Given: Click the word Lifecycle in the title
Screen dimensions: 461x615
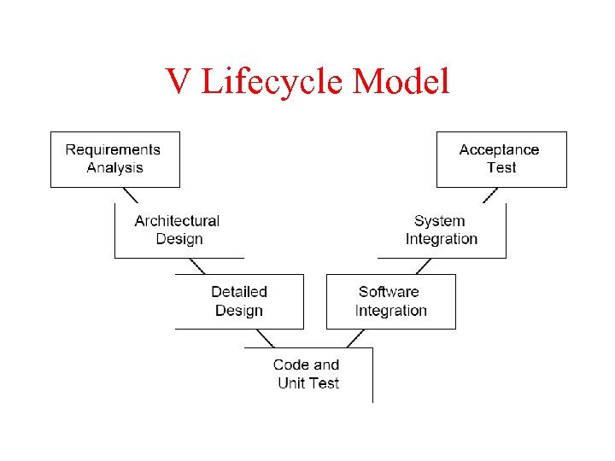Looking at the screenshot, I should pyautogui.click(x=272, y=83).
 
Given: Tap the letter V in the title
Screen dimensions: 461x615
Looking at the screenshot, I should pyautogui.click(x=179, y=82).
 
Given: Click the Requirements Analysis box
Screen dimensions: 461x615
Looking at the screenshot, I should pyautogui.click(x=115, y=159).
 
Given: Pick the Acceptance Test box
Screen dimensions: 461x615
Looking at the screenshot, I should pyautogui.click(x=501, y=159).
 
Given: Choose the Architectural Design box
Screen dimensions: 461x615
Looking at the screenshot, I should pyautogui.click(x=179, y=230).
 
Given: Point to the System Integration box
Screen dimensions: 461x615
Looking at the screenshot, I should pyautogui.click(x=442, y=230).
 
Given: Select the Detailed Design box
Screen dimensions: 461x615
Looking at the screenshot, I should pyautogui.click(x=239, y=301).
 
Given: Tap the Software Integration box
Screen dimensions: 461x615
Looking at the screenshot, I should pyautogui.click(x=390, y=301).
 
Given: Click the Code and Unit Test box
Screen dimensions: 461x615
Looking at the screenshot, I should pyautogui.click(x=307, y=374).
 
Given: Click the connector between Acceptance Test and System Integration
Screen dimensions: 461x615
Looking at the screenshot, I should pyautogui.click(x=489, y=195).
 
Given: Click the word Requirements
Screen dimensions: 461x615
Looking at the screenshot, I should pyautogui.click(x=113, y=150).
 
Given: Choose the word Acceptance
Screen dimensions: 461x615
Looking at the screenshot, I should pyautogui.click(x=500, y=150).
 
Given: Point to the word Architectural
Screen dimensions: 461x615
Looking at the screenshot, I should pyautogui.click(x=177, y=221).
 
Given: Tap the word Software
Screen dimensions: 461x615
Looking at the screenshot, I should pyautogui.click(x=389, y=292).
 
